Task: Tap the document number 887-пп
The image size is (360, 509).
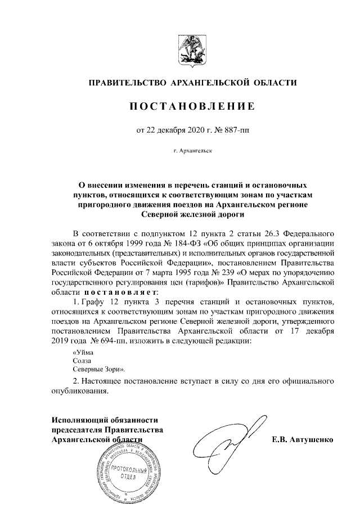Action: pos(236,130)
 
